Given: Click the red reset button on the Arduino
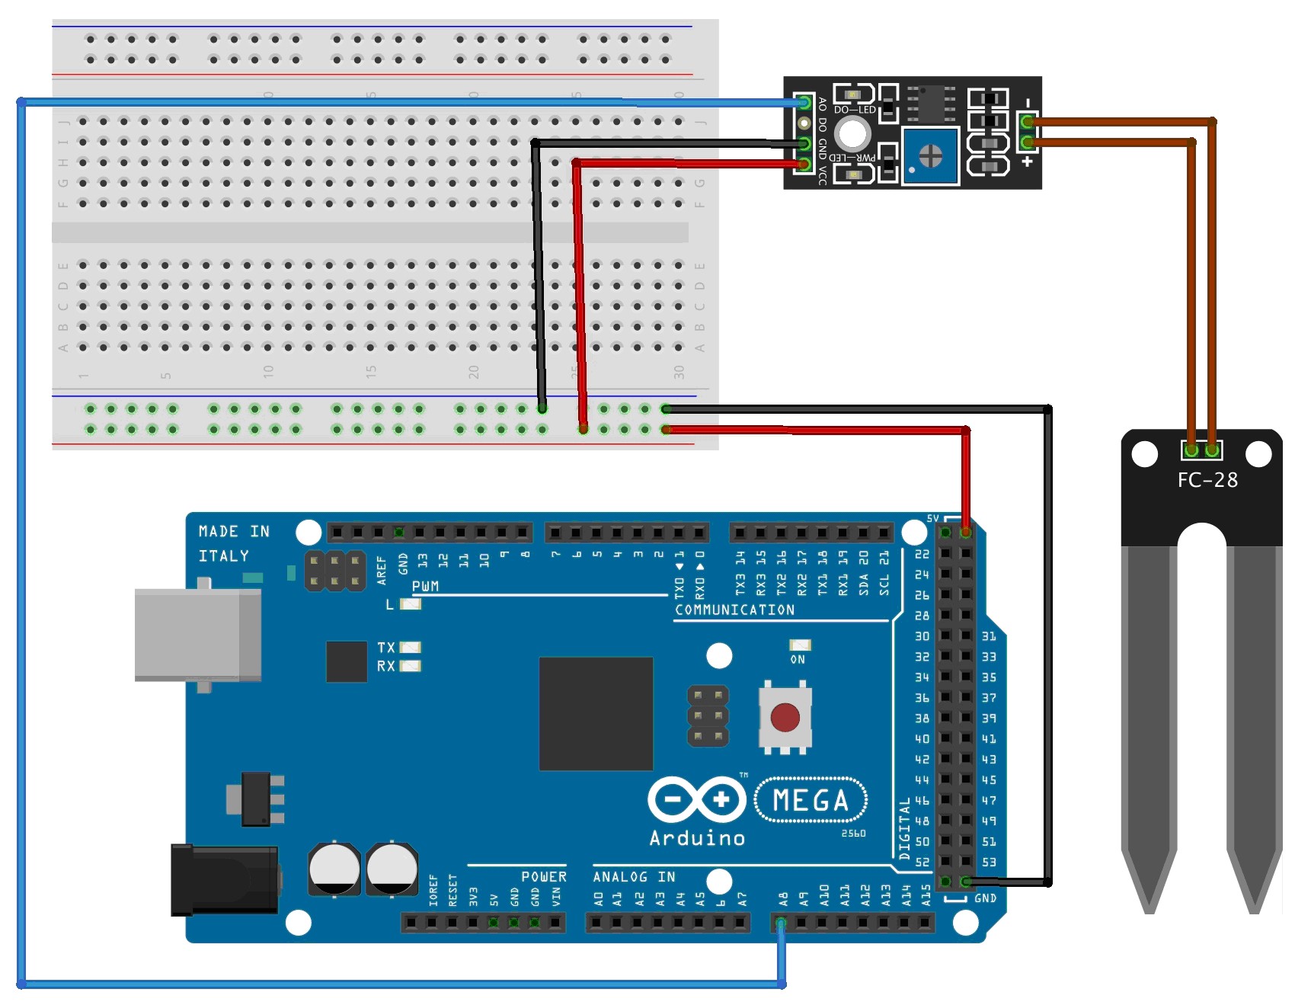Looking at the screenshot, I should coord(785,717).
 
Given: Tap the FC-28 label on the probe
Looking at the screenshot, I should coord(1207,480).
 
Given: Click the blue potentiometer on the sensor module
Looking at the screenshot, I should coord(930,156).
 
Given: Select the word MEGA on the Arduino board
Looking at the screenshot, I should coord(811,800).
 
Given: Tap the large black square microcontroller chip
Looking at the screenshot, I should coord(596,713).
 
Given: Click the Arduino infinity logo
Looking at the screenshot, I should coord(696,799).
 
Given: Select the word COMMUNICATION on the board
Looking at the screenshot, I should coord(734,610).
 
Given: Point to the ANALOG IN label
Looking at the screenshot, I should coord(634,877).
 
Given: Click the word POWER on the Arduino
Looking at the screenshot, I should coord(543,877).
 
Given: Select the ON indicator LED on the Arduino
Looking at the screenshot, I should coord(799,645).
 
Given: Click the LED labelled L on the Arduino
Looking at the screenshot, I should coord(411,604).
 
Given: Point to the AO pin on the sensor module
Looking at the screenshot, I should coord(803,102).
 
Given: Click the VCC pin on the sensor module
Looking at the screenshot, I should coord(803,164).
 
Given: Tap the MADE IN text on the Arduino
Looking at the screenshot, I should coord(234,531).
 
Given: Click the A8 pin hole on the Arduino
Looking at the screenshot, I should coord(781,923).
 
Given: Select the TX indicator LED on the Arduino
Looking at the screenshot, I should coord(411,648).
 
